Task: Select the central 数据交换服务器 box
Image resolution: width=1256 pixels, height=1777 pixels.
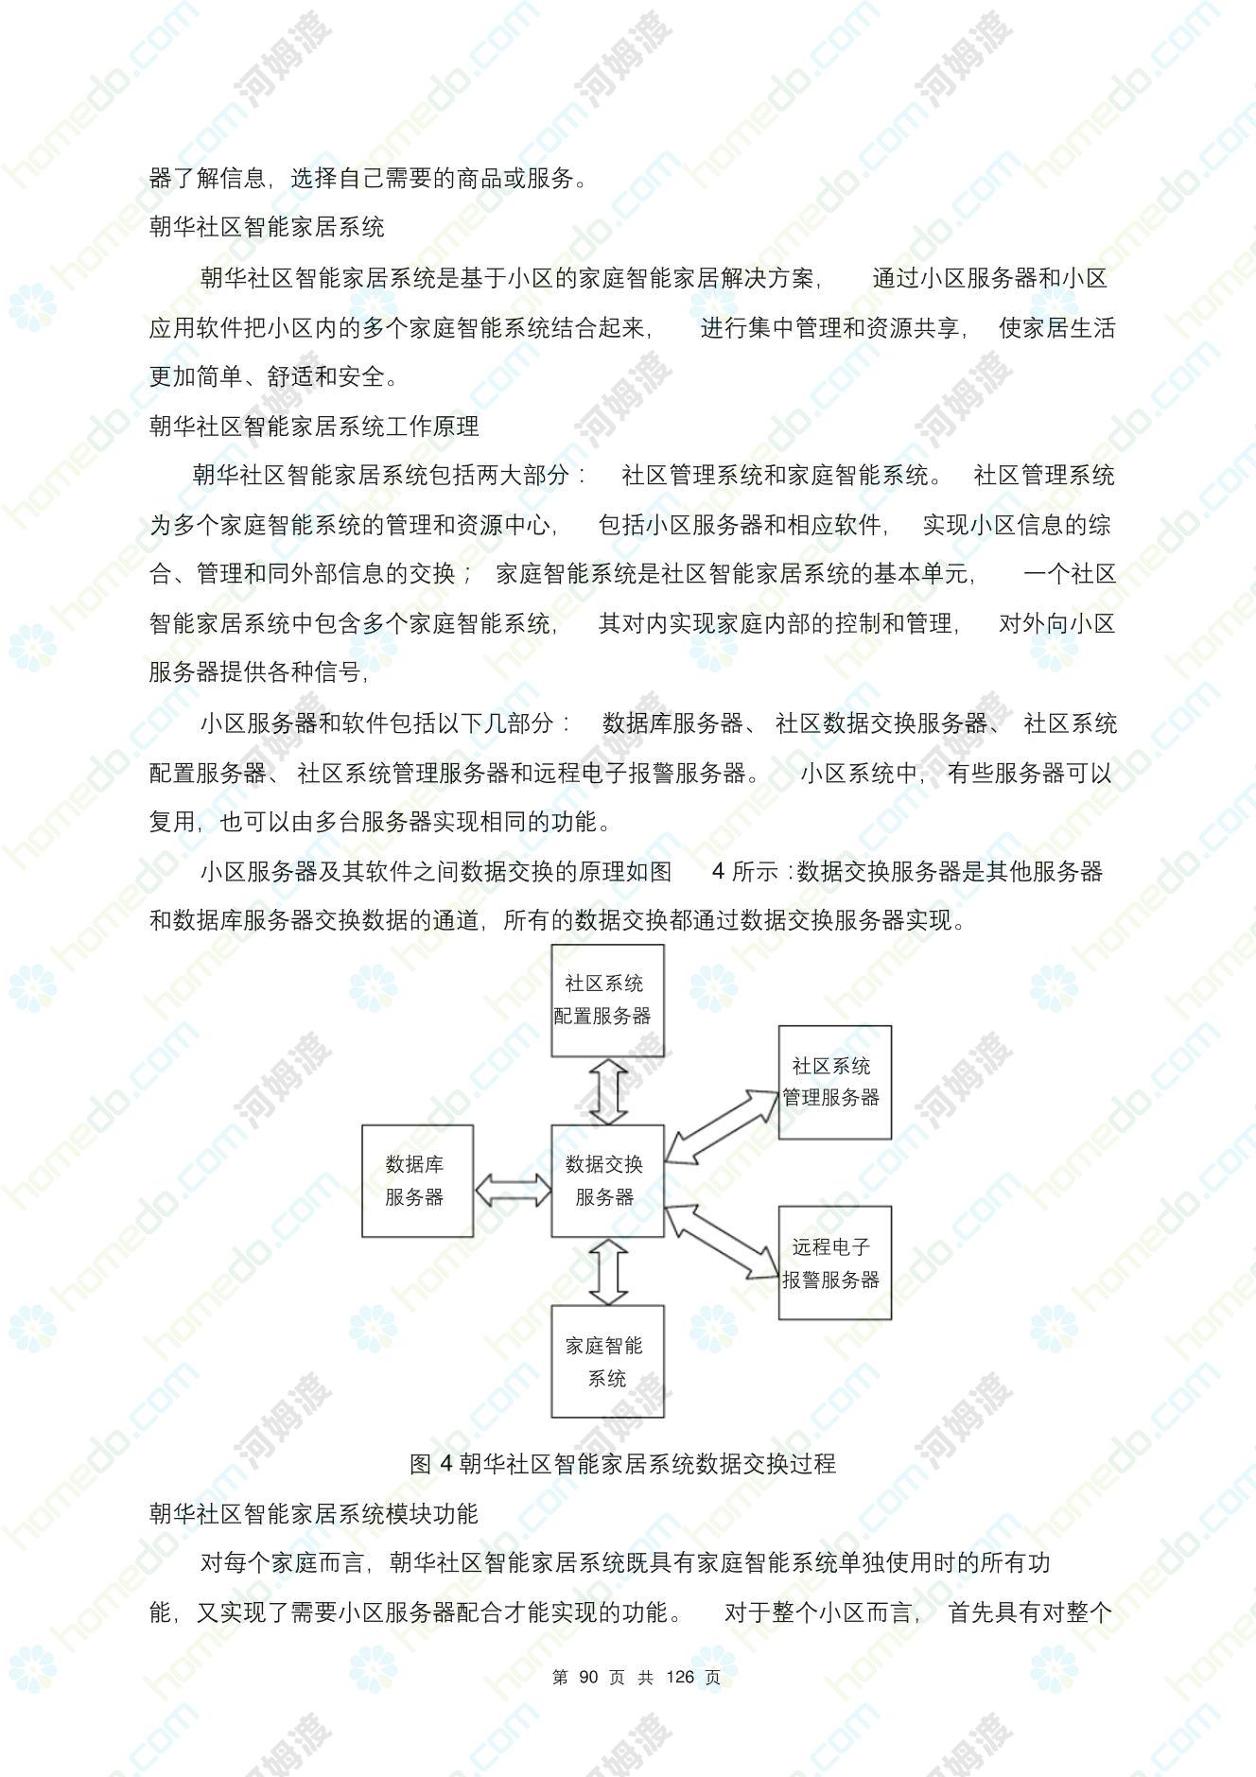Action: [607, 1180]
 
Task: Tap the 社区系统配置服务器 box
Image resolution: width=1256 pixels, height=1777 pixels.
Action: [607, 1000]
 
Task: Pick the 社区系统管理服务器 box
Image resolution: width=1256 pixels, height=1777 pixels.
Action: [834, 1082]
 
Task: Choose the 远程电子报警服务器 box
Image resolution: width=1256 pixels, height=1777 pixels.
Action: [834, 1263]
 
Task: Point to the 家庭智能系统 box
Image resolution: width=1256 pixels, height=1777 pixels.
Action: [607, 1361]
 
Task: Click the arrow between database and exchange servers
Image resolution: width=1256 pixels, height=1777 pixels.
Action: [513, 1190]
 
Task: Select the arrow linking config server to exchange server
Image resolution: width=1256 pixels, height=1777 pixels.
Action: [608, 1090]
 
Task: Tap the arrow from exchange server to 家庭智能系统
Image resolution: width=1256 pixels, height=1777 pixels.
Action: [608, 1271]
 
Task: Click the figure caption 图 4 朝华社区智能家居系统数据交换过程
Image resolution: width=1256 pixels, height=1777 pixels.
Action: [623, 1463]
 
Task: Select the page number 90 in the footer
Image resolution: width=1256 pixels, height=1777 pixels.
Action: [588, 1677]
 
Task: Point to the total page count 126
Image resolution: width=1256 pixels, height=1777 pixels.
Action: [680, 1677]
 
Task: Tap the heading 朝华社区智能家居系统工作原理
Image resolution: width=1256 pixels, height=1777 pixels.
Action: [314, 426]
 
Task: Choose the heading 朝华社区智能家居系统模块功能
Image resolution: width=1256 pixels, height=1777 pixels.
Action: [314, 1513]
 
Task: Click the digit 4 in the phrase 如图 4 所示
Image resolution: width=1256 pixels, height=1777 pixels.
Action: [719, 871]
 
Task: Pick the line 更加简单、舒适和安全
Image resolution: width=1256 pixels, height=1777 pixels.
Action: [274, 376]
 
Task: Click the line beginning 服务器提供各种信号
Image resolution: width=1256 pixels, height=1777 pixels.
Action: [258, 672]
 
